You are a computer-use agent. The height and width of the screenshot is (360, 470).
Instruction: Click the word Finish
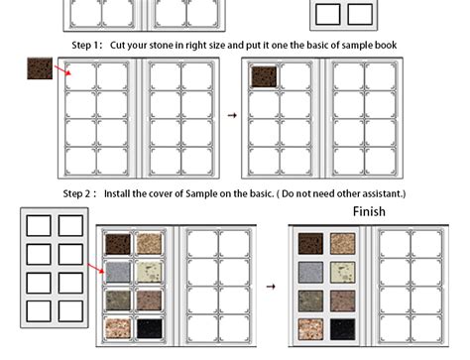pos(369,211)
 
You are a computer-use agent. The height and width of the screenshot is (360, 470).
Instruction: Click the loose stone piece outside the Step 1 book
pos(40,68)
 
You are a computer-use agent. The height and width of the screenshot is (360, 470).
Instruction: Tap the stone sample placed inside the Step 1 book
pos(263,76)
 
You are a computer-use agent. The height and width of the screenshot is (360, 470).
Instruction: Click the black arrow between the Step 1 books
pos(232,115)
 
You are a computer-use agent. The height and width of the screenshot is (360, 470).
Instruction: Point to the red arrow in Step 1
pos(61,71)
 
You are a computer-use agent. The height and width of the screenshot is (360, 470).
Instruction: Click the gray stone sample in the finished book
pos(310,271)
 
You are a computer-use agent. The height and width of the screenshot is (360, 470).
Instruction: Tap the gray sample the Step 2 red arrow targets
pos(118,271)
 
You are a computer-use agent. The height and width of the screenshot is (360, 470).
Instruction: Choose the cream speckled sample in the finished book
pos(342,271)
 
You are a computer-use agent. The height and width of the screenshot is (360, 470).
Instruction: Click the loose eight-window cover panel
pos(56,266)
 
